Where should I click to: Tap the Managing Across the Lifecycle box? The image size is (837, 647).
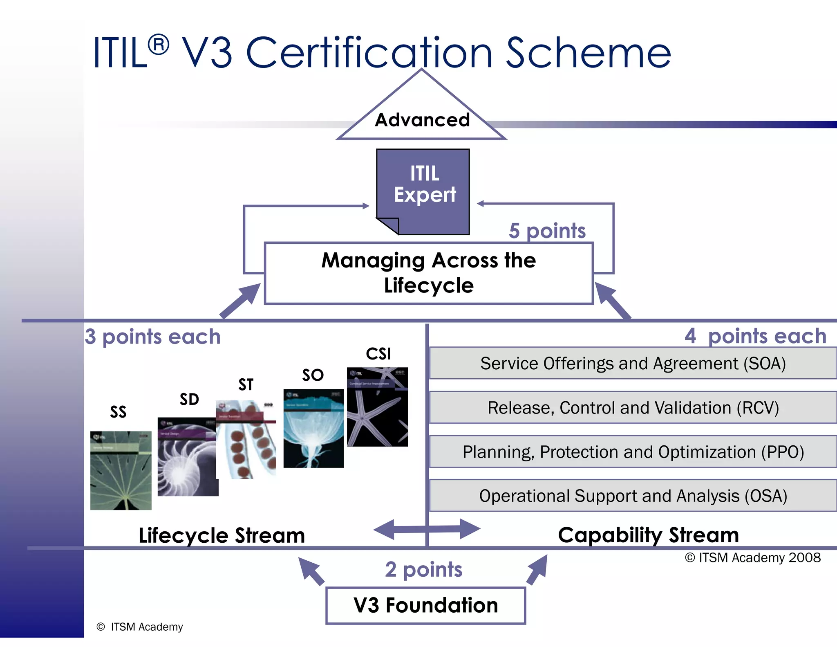click(x=428, y=273)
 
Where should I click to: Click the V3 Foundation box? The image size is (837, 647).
click(x=425, y=605)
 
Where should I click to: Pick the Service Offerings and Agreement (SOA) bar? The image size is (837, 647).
click(x=633, y=363)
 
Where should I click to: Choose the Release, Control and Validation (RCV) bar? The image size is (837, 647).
click(x=633, y=407)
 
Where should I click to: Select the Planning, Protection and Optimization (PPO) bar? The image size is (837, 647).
click(x=633, y=452)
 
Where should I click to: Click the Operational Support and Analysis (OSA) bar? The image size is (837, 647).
click(x=633, y=496)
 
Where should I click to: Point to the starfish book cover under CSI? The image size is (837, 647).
click(x=377, y=407)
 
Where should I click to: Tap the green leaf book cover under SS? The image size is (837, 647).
click(x=121, y=470)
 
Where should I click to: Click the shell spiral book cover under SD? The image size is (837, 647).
click(x=187, y=457)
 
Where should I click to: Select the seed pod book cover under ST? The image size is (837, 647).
click(x=246, y=440)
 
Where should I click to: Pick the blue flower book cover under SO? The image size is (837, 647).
click(x=313, y=428)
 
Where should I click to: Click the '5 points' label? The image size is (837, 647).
click(x=547, y=231)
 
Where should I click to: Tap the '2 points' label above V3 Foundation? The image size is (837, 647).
click(x=423, y=569)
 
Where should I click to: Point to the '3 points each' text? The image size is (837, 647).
click(x=152, y=337)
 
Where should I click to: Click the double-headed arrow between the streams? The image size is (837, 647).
click(x=427, y=529)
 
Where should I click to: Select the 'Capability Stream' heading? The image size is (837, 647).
click(x=648, y=535)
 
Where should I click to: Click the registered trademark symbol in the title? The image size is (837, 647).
click(x=158, y=45)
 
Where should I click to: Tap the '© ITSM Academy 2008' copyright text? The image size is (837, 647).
click(x=752, y=557)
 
